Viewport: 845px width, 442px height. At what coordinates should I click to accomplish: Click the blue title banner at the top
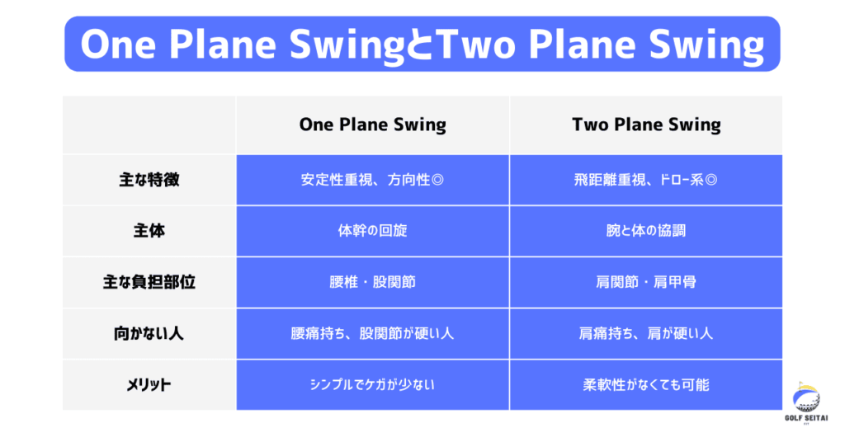tap(422, 44)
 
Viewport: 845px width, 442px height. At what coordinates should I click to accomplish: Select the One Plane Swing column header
tap(372, 125)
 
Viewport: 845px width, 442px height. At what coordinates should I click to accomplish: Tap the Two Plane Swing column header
tap(646, 125)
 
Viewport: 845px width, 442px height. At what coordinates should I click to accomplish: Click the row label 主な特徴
tap(149, 180)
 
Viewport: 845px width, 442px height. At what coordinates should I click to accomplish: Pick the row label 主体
tap(149, 231)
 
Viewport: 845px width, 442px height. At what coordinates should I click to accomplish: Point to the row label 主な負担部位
tap(149, 282)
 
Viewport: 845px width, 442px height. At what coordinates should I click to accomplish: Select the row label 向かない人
tap(149, 333)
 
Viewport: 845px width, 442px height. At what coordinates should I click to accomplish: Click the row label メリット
tap(149, 384)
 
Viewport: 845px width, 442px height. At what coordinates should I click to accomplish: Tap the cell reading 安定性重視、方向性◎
tap(372, 180)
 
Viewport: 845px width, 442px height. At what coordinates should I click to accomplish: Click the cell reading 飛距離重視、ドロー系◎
tap(645, 180)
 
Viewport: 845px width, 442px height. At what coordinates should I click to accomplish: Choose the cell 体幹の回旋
tap(372, 231)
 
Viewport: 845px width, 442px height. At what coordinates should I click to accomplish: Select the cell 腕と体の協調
tap(645, 231)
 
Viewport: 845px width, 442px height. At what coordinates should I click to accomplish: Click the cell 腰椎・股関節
tap(372, 282)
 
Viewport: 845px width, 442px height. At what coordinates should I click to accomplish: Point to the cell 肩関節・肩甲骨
tap(645, 282)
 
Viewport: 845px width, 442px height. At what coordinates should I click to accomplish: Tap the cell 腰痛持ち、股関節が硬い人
tap(372, 333)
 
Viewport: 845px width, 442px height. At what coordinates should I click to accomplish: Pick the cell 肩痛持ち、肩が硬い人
tap(645, 333)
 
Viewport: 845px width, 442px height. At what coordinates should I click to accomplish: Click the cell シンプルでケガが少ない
tap(372, 384)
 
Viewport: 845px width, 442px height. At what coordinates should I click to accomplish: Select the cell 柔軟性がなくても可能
tap(645, 384)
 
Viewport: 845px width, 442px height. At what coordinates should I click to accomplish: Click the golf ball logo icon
tap(806, 397)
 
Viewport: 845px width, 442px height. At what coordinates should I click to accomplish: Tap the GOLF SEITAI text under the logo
tap(806, 418)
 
